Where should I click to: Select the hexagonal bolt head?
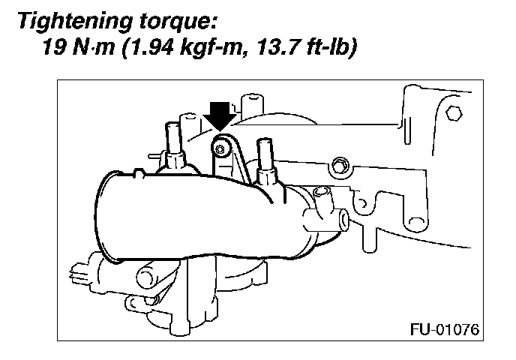click(x=453, y=114)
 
